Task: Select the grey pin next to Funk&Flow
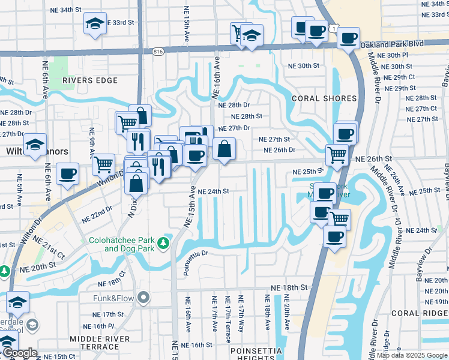pos(143,297)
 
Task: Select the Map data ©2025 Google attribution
pos(411,355)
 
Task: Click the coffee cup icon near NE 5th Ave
pos(67,173)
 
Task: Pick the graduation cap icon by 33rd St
pos(93,23)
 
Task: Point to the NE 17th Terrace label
pos(228,319)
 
